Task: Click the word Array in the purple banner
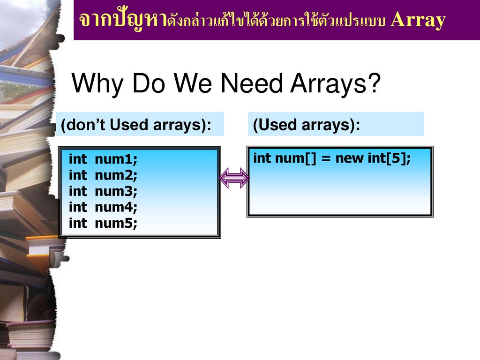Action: tap(418, 21)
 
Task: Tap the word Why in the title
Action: tap(97, 83)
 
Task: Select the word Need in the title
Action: tap(251, 83)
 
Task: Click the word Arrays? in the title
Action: tap(335, 83)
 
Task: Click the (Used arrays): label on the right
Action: tap(307, 125)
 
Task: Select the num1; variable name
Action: tap(116, 159)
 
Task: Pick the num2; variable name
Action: tap(116, 175)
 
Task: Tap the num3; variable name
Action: tap(116, 191)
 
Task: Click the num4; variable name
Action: tap(116, 207)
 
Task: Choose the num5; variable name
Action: tap(116, 223)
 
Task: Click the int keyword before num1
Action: tap(78, 159)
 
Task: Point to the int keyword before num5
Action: tap(78, 223)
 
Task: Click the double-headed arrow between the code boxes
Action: tap(234, 178)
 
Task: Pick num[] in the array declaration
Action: tap(295, 158)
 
